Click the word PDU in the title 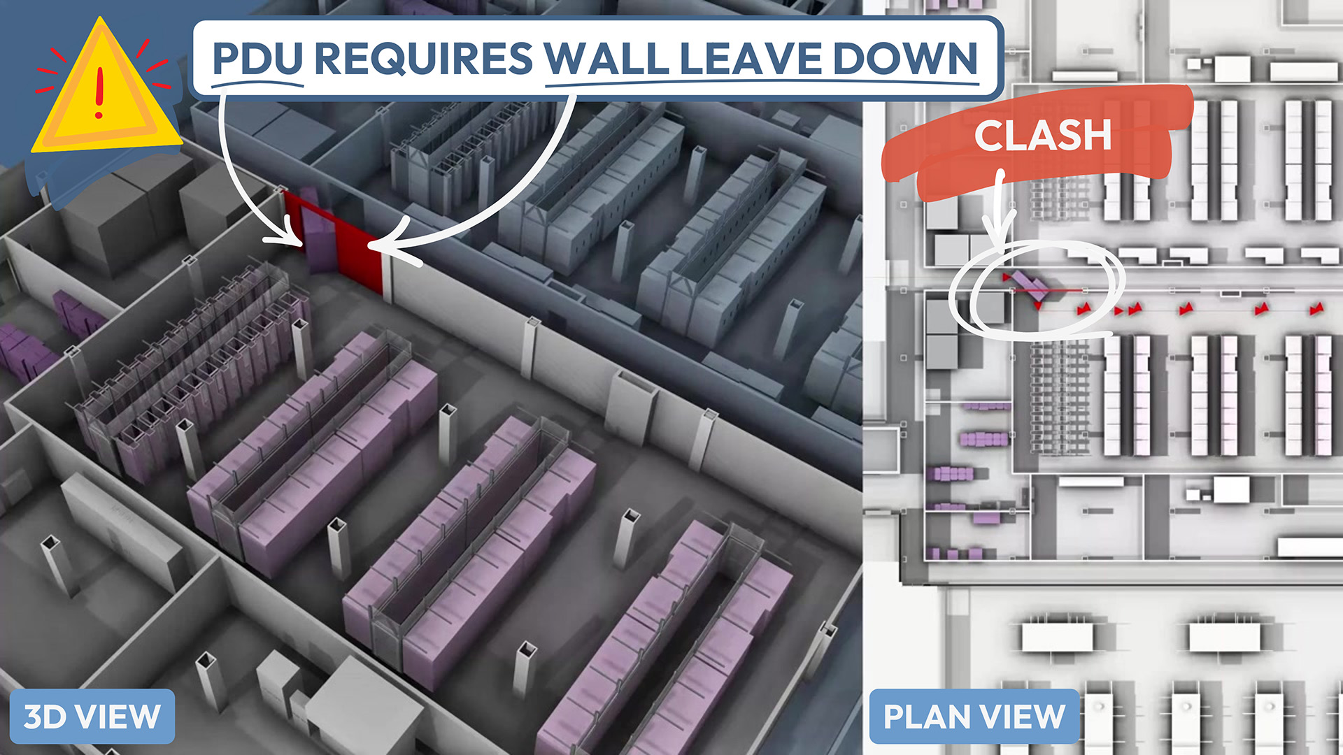tap(257, 59)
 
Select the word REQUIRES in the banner tap(424, 59)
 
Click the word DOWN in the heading tap(905, 59)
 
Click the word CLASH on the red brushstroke tap(1042, 136)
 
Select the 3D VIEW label tap(92, 717)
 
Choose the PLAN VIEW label tap(974, 717)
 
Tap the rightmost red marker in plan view tap(1316, 308)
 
